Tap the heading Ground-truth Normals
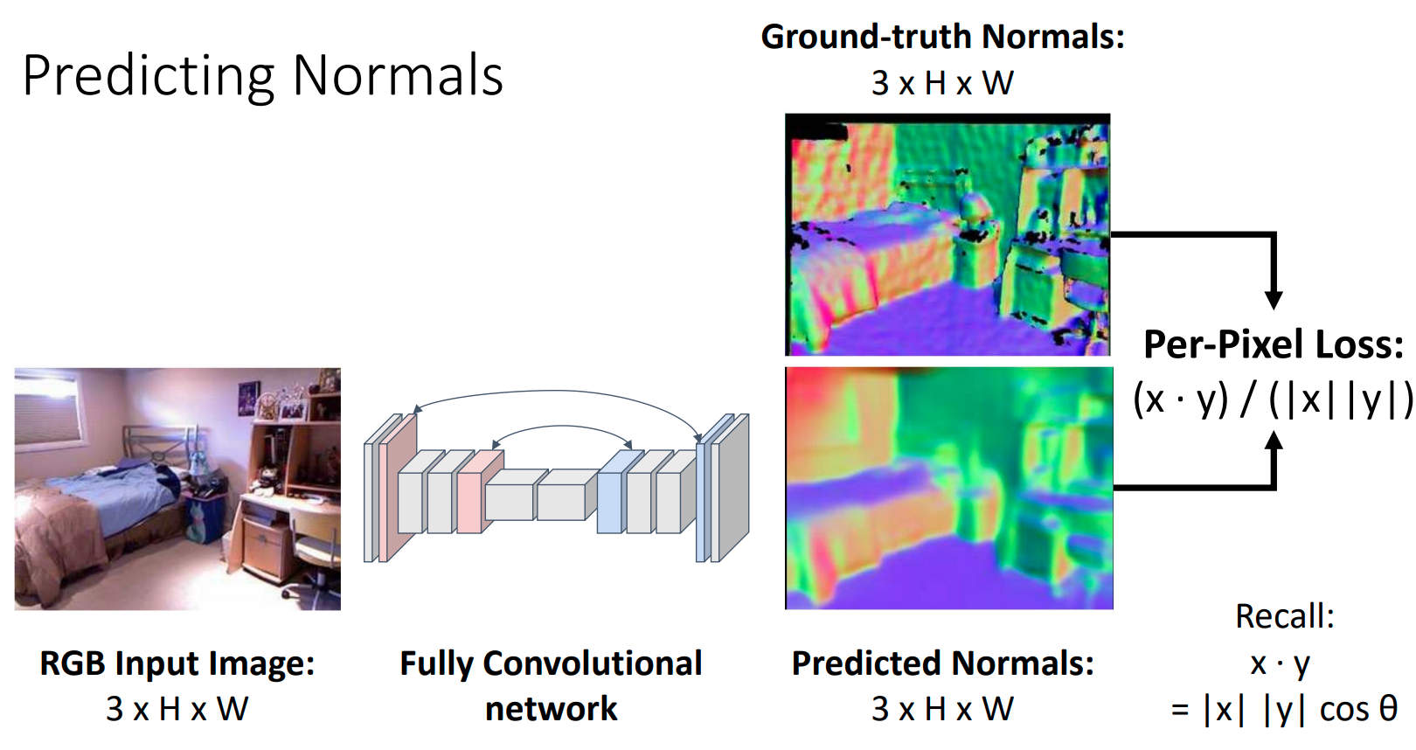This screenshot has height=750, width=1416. pos(942,37)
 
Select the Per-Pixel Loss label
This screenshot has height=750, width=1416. pos(1274,344)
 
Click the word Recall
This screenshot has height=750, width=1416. pos(1285,616)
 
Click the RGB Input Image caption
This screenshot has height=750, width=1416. pos(177,663)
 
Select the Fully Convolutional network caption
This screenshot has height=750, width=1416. pos(552,685)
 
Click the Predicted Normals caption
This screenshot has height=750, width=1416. pos(942,663)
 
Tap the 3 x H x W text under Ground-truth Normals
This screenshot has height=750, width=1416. pos(942,83)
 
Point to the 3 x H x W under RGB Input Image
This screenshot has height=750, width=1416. pos(177,709)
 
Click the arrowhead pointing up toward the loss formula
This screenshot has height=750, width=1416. pos(1274,441)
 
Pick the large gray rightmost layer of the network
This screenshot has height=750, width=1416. pos(731,488)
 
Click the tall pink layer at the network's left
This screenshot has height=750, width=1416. pos(399,488)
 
